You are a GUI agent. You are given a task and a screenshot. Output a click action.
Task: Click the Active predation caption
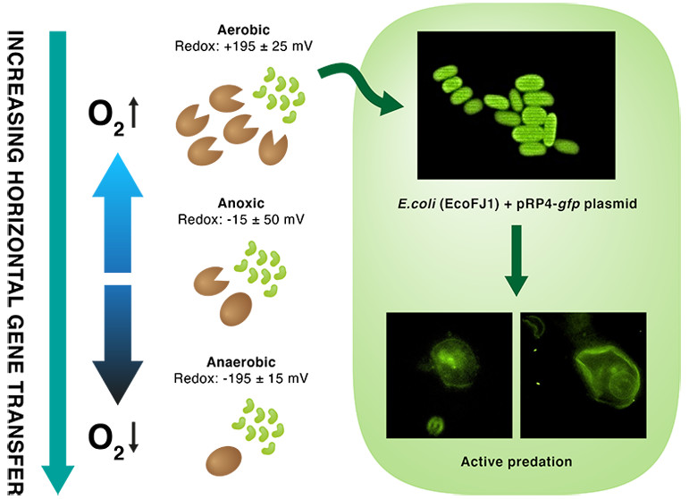[516, 461]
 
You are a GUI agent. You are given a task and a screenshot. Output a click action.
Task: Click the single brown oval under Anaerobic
[224, 459]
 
